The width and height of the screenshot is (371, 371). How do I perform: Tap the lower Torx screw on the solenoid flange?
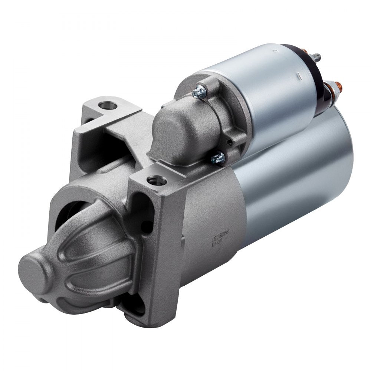click(x=218, y=158)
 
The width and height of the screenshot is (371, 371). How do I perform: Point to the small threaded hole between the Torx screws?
click(x=230, y=142)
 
